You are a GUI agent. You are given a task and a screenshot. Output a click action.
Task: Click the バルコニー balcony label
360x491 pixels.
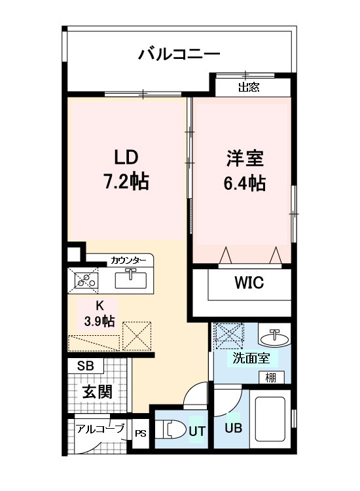[x=178, y=54]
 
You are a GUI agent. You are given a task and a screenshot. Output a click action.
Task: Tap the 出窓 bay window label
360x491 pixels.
[x=249, y=87]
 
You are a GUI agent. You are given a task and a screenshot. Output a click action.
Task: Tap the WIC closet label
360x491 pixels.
[x=249, y=283]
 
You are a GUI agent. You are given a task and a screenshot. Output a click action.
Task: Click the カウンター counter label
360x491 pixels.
[x=128, y=261]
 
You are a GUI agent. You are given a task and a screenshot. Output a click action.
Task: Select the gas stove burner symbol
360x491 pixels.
[x=84, y=281]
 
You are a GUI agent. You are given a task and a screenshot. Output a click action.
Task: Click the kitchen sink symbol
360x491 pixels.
[x=131, y=280]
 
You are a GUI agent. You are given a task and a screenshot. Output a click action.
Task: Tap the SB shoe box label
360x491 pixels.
[x=85, y=366]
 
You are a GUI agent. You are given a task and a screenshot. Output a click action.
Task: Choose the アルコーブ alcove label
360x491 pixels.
[x=101, y=429]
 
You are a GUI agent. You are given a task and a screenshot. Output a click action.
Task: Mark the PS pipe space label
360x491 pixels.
[x=140, y=433]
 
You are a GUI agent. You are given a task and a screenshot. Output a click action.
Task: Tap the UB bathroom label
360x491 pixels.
[x=233, y=429]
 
